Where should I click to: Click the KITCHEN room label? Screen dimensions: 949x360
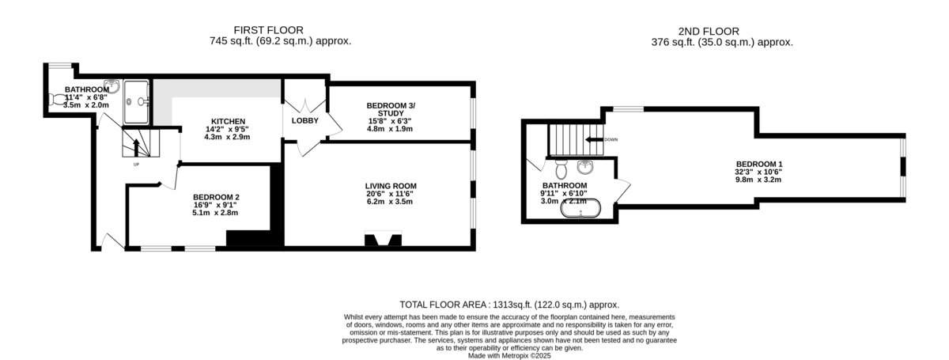click(228, 122)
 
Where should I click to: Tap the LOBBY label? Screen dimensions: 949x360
click(304, 121)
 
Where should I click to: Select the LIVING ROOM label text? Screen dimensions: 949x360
click(391, 186)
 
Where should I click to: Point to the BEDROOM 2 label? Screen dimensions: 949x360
click(216, 197)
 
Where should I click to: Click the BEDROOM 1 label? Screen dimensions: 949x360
click(759, 164)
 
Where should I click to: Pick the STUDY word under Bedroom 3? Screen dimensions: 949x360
click(391, 113)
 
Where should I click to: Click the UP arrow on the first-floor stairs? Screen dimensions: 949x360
click(136, 148)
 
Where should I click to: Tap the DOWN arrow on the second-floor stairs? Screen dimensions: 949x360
click(594, 139)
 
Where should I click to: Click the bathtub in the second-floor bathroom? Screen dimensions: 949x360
click(580, 209)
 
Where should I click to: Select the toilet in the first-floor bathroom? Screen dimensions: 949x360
click(56, 100)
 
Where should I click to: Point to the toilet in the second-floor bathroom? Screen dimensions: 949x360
click(561, 169)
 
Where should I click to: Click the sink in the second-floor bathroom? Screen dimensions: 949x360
click(585, 166)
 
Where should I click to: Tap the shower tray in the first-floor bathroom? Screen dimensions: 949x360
click(136, 102)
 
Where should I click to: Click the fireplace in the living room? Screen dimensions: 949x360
click(383, 238)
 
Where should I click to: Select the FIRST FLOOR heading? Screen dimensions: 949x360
click(269, 31)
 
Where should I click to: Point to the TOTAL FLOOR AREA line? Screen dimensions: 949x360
click(509, 305)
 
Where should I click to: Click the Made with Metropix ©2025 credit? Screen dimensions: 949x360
click(509, 356)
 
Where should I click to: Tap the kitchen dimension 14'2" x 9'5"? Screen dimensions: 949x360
click(227, 129)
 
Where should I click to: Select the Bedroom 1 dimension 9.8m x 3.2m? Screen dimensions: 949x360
click(758, 180)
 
